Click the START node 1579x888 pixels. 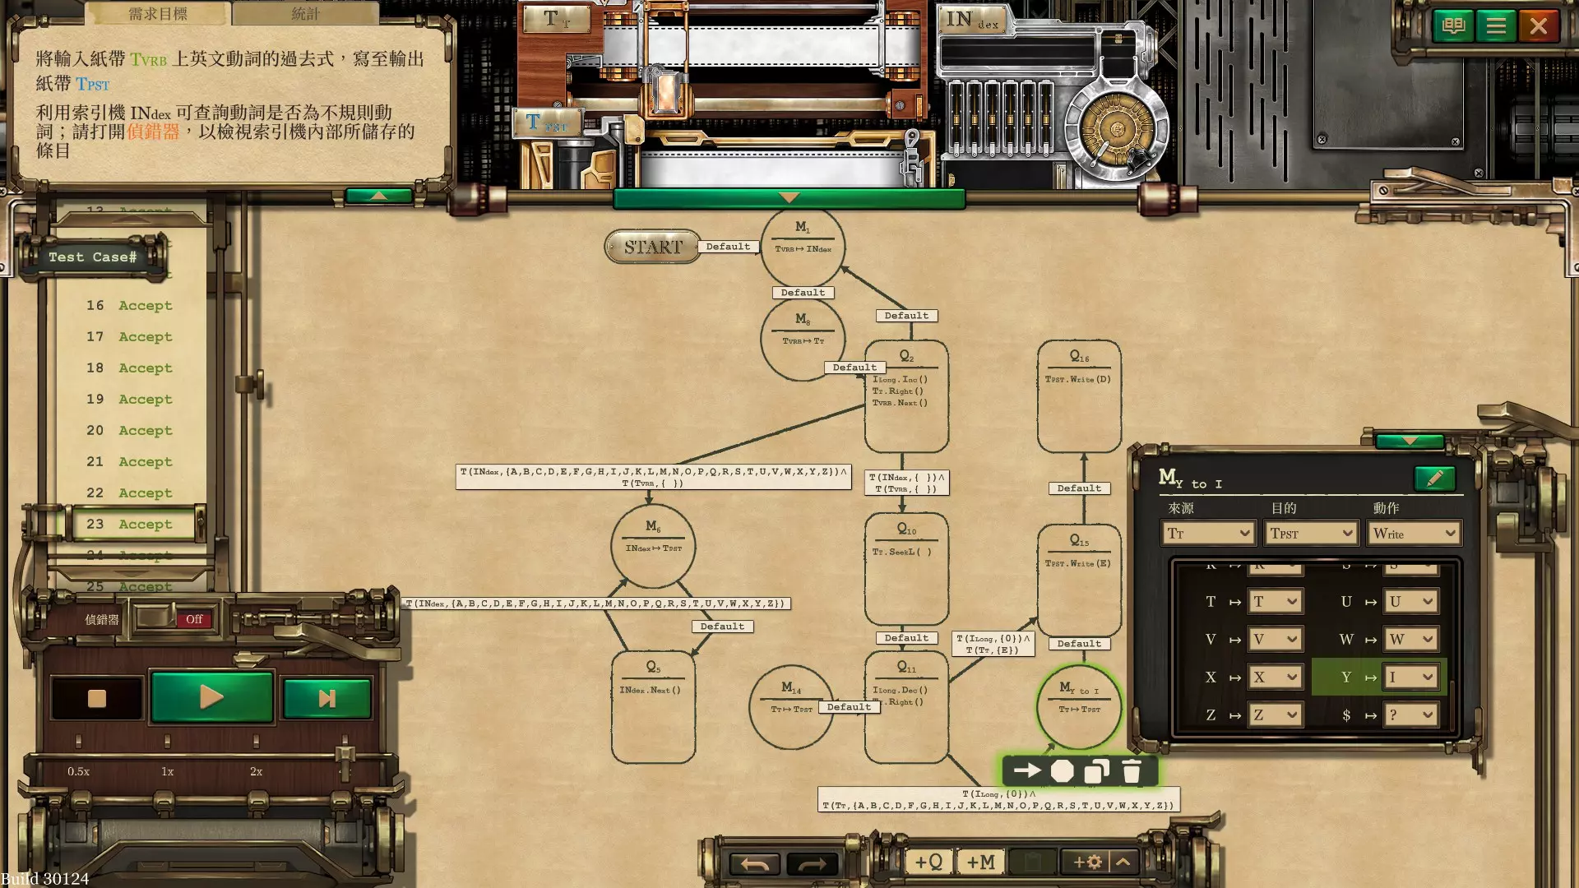click(652, 247)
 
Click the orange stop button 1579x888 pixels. click(97, 698)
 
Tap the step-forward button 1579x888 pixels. click(326, 698)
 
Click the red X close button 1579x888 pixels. click(1538, 26)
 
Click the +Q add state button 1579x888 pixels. click(928, 862)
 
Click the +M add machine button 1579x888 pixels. click(980, 862)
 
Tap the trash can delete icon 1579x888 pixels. click(1132, 771)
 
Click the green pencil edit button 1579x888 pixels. click(1434, 479)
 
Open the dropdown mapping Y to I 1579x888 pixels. click(1410, 678)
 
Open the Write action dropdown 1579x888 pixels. click(1413, 534)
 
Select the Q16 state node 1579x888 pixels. click(1079, 396)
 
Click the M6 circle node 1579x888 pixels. click(653, 546)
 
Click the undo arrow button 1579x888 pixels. click(754, 863)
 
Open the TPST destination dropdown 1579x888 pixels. click(1311, 534)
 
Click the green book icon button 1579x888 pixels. click(1453, 26)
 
